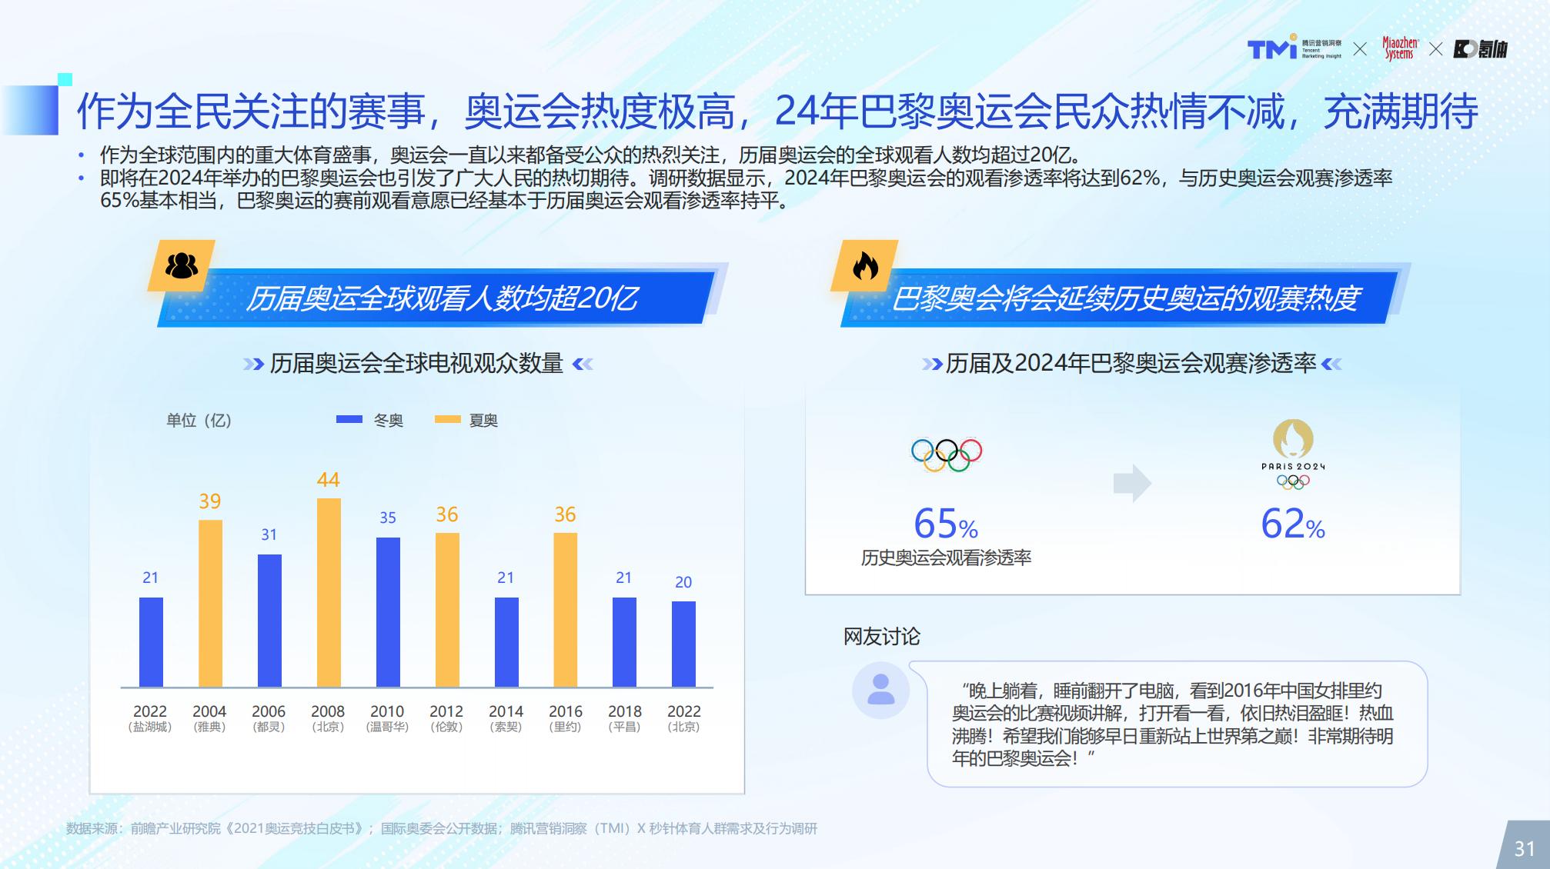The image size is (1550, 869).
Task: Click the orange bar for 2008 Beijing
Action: pyautogui.click(x=329, y=592)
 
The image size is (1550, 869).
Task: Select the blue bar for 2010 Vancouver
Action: pyautogui.click(x=388, y=612)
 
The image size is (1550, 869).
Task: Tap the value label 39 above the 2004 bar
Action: pyautogui.click(x=210, y=501)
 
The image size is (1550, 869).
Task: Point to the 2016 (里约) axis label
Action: pyautogui.click(x=566, y=718)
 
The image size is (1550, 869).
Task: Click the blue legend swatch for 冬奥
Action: pyautogui.click(x=349, y=419)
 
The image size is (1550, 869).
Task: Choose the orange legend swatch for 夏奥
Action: pyautogui.click(x=448, y=419)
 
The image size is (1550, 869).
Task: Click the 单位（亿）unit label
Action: pyautogui.click(x=199, y=420)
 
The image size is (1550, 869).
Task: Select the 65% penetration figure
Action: pyautogui.click(x=946, y=524)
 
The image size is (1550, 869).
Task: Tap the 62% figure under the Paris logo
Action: pyautogui.click(x=1293, y=524)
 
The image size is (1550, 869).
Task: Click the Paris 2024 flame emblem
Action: pyautogui.click(x=1293, y=438)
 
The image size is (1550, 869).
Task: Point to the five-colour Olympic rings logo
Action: pyautogui.click(x=947, y=454)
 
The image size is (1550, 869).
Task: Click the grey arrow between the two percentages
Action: pyautogui.click(x=1132, y=483)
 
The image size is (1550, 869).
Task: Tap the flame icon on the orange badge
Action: pyautogui.click(x=865, y=267)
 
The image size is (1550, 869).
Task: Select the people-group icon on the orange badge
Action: pyautogui.click(x=182, y=265)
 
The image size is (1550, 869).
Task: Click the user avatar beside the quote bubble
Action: pyautogui.click(x=880, y=690)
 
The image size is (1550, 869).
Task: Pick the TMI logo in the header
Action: pyautogui.click(x=1272, y=48)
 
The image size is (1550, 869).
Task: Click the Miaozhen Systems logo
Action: pyautogui.click(x=1400, y=48)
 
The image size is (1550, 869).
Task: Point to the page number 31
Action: pyautogui.click(x=1525, y=848)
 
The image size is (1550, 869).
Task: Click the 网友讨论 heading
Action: pyautogui.click(x=882, y=636)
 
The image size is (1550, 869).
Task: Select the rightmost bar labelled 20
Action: pyautogui.click(x=683, y=644)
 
